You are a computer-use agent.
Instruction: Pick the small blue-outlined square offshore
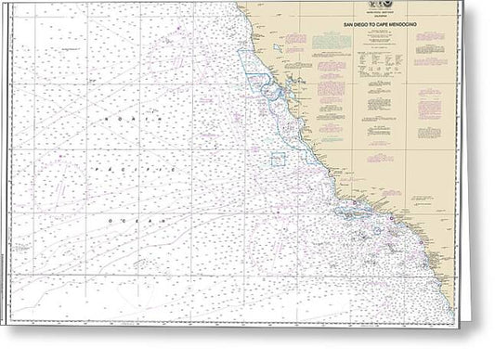(278, 159)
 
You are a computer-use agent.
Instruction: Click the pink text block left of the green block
(295, 41)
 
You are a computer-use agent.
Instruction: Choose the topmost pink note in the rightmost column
(429, 38)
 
